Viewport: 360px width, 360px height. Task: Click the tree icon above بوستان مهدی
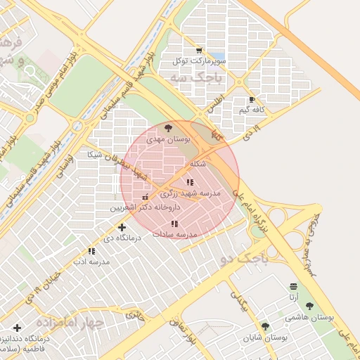(x=167, y=128)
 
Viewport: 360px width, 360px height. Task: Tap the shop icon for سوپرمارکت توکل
(x=199, y=51)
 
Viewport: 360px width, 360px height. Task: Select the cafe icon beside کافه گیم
(x=252, y=100)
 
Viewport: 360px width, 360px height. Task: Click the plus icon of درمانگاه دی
(x=122, y=227)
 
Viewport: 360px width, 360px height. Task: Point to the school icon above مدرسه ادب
(x=91, y=251)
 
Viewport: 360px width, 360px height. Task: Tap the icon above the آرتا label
(x=293, y=286)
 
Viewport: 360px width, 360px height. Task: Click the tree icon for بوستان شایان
(x=265, y=326)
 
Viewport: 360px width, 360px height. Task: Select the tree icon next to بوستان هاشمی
(x=309, y=306)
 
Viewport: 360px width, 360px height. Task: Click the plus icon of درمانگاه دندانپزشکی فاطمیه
(x=17, y=328)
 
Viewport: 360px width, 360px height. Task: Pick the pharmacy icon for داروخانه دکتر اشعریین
(x=145, y=197)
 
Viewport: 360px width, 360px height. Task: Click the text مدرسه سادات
(x=174, y=233)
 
